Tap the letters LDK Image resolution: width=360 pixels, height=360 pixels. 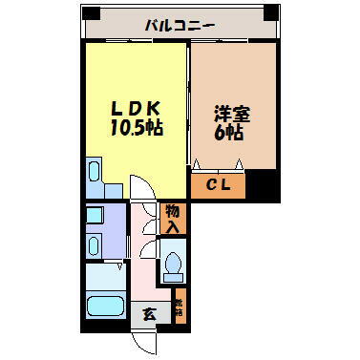pos(138,108)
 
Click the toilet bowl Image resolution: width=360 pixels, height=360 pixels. pos(173,260)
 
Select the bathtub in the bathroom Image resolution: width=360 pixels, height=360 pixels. pos(105,307)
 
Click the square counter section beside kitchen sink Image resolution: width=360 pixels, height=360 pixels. pos(112,189)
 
